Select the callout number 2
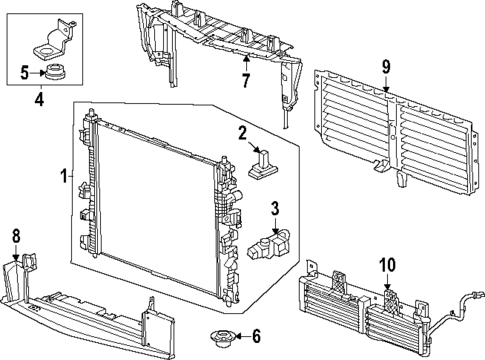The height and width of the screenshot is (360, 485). [x=242, y=133]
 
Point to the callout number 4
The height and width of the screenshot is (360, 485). [x=38, y=98]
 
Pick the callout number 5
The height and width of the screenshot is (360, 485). [x=25, y=72]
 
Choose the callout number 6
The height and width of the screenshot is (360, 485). [x=255, y=337]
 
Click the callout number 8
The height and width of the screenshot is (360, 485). [x=15, y=237]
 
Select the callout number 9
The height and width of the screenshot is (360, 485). [x=385, y=69]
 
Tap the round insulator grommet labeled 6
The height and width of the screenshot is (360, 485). [x=218, y=336]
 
